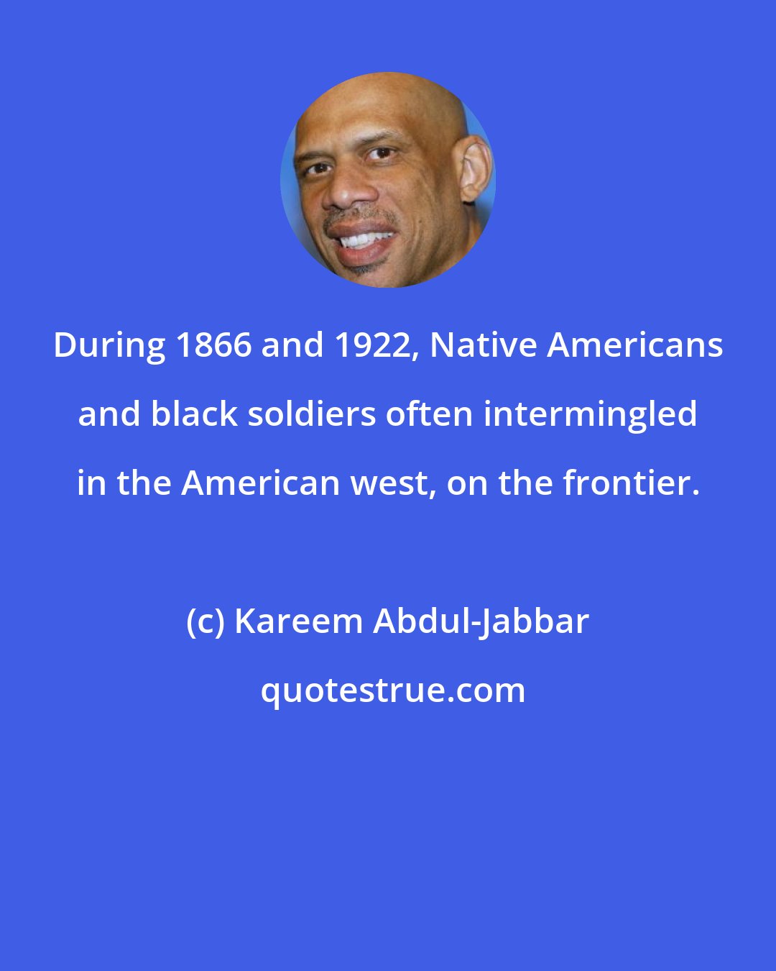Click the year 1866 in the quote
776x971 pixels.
[213, 346]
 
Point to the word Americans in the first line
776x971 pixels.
[636, 346]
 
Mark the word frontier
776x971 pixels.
[630, 483]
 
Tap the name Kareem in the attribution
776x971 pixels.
[298, 621]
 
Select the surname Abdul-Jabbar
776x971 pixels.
[481, 621]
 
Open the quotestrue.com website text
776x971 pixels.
[392, 690]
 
